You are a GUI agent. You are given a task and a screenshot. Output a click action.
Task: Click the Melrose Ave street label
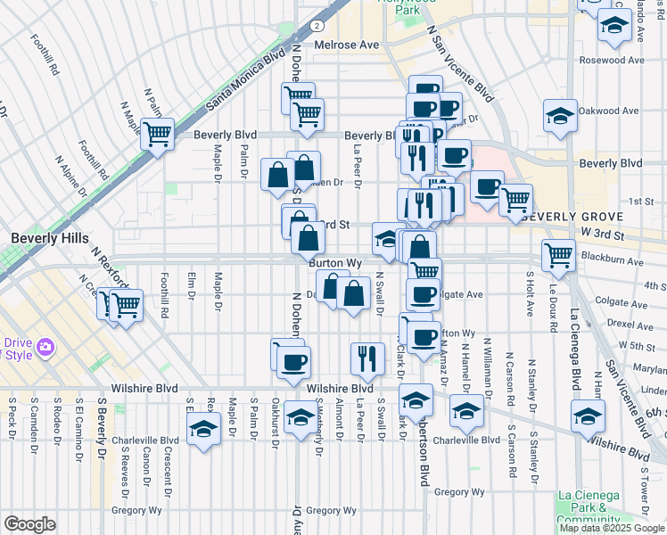click(344, 45)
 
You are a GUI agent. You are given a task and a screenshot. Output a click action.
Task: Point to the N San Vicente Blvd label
click(460, 62)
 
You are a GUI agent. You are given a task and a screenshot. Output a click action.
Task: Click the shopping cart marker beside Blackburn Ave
click(559, 254)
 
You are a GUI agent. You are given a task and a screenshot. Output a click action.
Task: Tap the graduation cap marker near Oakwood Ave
click(560, 116)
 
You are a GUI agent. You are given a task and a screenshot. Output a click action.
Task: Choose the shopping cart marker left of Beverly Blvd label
click(157, 135)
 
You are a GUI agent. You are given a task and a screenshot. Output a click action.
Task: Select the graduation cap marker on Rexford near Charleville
click(204, 430)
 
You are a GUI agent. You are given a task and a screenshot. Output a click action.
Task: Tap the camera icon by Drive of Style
click(44, 345)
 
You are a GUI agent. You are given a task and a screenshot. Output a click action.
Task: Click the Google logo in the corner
click(29, 524)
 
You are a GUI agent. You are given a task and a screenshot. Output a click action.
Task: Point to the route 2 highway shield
click(317, 26)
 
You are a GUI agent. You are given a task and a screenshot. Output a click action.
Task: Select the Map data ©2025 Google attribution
click(612, 528)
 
